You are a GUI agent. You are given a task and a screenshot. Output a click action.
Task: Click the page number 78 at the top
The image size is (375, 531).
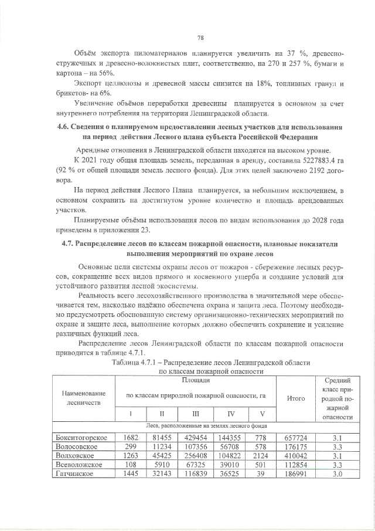(x=200, y=38)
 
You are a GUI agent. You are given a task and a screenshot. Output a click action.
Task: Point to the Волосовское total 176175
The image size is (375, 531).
(x=296, y=447)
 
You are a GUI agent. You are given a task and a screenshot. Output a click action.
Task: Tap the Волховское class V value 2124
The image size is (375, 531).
(x=261, y=455)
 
